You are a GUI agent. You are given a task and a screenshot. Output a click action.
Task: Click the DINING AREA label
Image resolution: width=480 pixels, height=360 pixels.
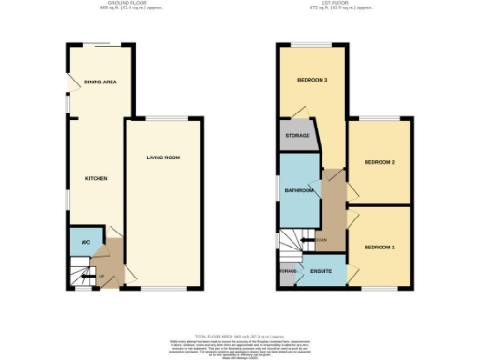[x=99, y=82]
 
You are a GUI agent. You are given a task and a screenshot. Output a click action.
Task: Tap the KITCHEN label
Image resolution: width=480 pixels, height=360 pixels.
[x=97, y=178]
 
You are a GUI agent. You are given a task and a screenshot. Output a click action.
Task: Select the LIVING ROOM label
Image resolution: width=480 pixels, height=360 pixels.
[x=162, y=157]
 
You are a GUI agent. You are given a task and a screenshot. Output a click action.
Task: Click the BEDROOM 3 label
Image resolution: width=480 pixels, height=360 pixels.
[x=312, y=81]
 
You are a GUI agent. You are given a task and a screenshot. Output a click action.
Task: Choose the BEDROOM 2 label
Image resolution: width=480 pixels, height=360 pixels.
[x=379, y=163]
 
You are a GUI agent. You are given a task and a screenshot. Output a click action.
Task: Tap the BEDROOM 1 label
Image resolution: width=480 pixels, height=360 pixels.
[x=379, y=247]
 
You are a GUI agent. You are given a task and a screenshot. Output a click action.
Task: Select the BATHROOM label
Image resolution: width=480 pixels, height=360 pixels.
[x=299, y=190]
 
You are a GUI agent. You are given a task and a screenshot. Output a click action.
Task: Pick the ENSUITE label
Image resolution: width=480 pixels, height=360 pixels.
[x=321, y=272]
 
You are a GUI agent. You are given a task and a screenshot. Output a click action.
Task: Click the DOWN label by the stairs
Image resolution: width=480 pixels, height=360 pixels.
[x=322, y=240]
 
